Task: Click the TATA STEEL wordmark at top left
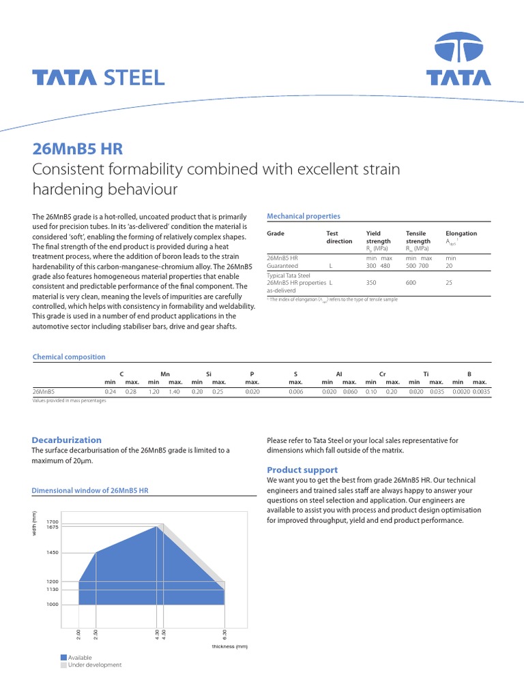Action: click(x=99, y=78)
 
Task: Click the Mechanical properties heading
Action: click(x=303, y=216)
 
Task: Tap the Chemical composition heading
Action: click(x=69, y=356)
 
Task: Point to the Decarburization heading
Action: click(x=67, y=440)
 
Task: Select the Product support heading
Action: click(x=302, y=470)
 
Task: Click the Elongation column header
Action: click(x=461, y=233)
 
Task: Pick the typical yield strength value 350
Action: click(x=371, y=282)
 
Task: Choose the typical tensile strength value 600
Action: click(x=411, y=282)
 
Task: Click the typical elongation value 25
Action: click(x=449, y=282)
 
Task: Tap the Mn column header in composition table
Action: click(x=164, y=374)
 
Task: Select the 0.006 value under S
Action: click(x=295, y=392)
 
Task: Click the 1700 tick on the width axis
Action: click(x=53, y=521)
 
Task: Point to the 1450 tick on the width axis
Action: click(x=53, y=553)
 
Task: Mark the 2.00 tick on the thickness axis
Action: click(x=79, y=635)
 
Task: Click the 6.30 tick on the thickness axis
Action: click(x=224, y=635)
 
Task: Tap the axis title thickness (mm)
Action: click(x=229, y=646)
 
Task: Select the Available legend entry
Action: click(x=80, y=657)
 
